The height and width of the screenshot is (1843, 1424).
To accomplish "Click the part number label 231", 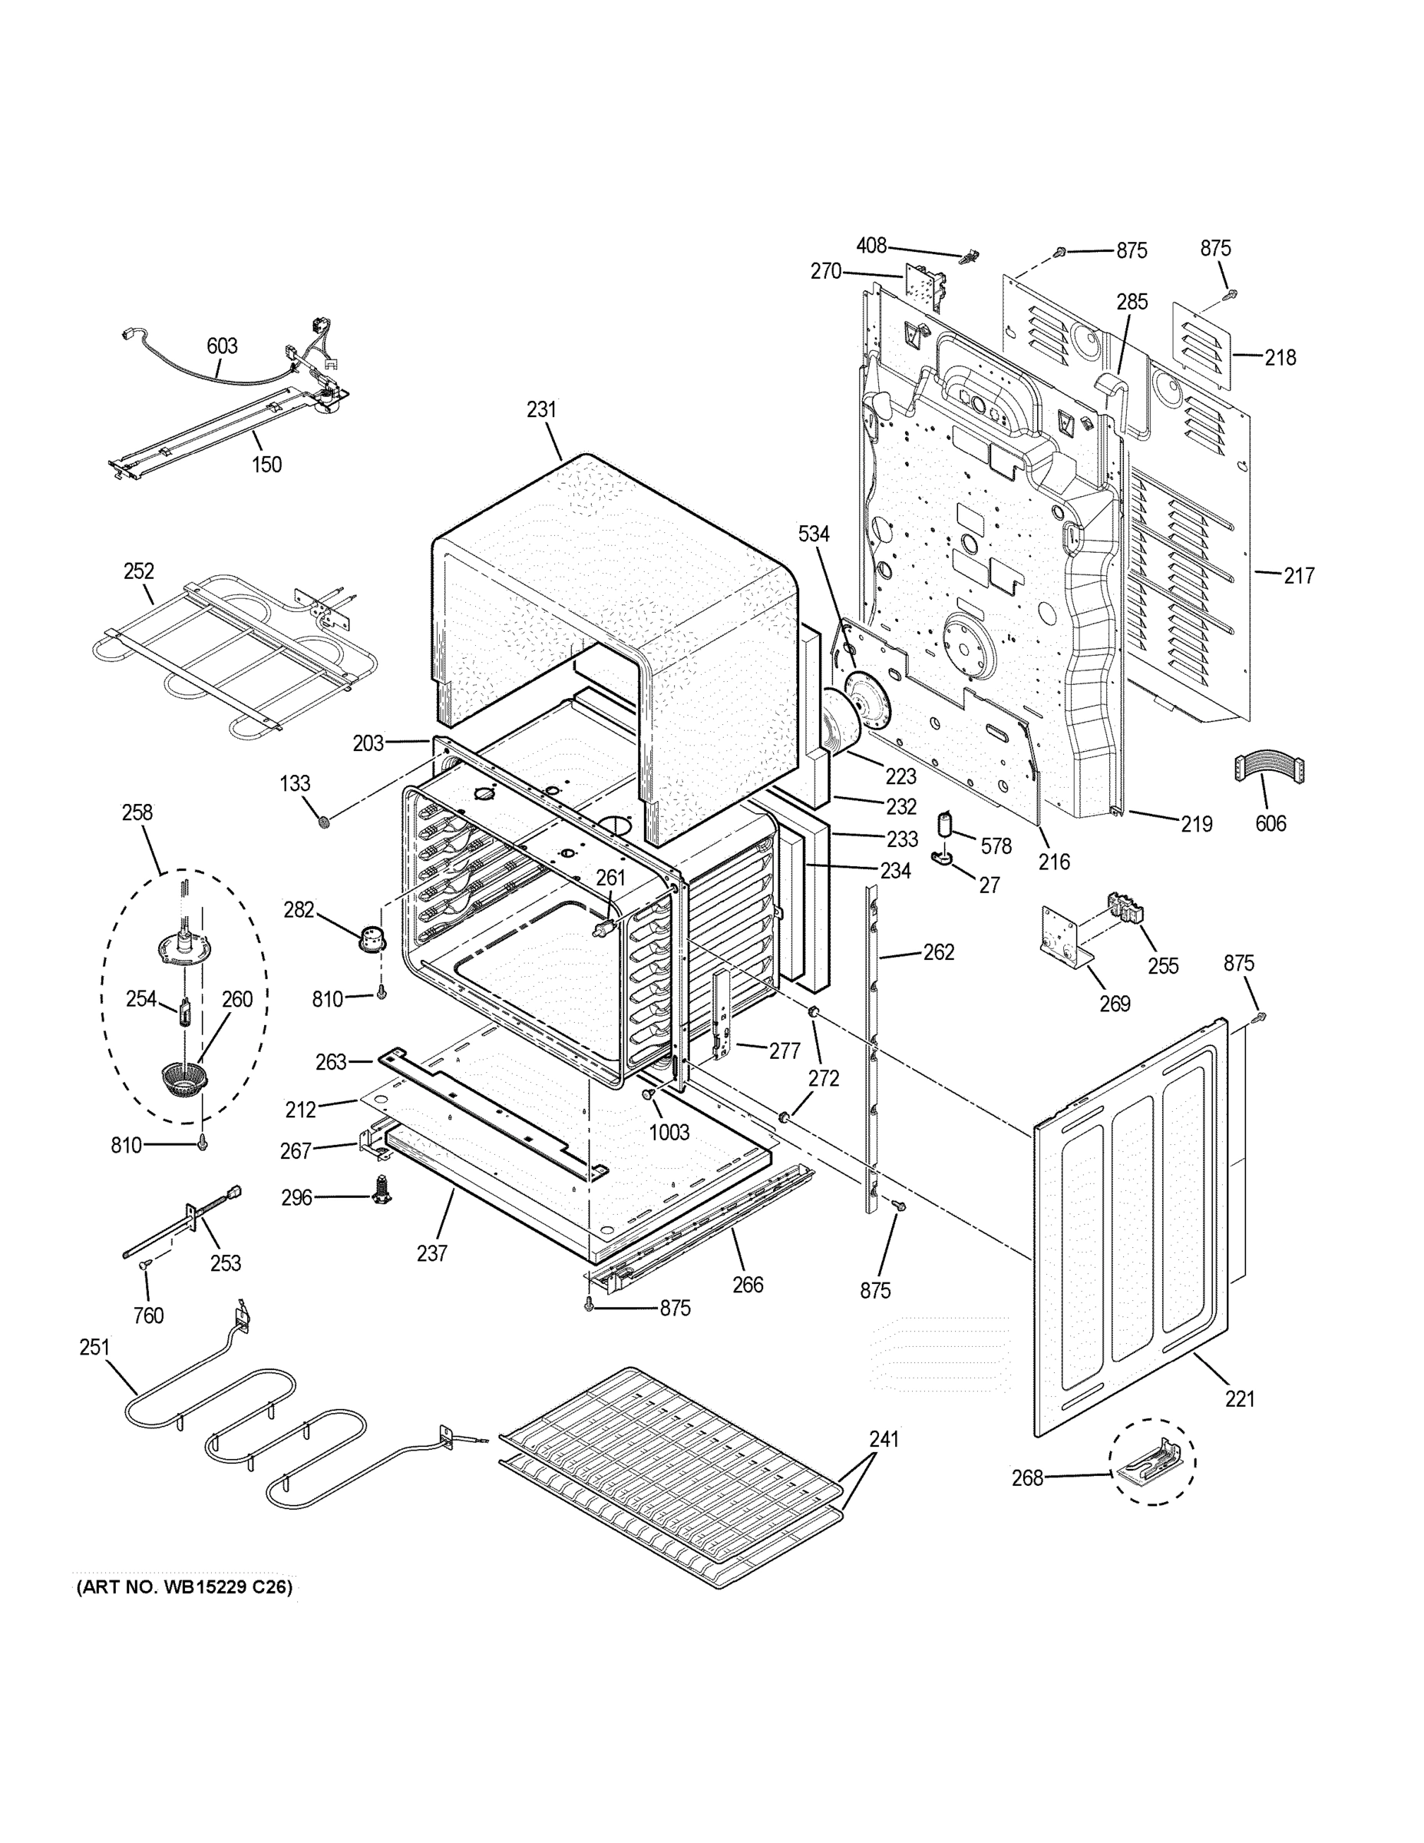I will tap(542, 410).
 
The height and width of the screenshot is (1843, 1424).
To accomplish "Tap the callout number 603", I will tap(222, 346).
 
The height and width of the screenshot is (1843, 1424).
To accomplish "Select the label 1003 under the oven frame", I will tap(669, 1133).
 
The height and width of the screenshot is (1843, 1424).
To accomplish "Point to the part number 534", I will tap(814, 534).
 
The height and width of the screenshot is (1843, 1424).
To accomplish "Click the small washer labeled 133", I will tap(323, 820).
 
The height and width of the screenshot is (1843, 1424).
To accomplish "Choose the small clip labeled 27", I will tap(943, 859).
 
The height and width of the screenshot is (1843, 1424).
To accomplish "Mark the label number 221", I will tap(1239, 1399).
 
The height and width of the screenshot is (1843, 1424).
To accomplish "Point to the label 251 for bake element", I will tap(94, 1347).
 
